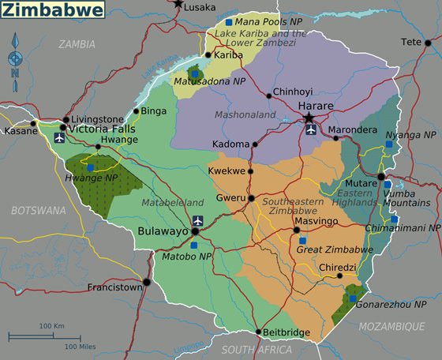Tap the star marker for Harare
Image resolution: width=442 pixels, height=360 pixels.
309,118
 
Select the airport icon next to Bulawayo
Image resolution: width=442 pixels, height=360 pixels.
197,219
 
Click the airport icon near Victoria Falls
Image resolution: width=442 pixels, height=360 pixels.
59,138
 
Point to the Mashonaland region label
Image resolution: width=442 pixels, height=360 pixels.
245,114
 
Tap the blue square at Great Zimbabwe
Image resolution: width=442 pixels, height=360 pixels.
302,240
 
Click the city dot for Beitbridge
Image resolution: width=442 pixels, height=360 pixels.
258,332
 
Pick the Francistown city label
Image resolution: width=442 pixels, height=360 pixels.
114,287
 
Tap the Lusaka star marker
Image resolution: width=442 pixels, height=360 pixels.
178,4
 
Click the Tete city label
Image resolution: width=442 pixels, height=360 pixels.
411,42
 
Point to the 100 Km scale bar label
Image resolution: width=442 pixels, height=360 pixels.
51,325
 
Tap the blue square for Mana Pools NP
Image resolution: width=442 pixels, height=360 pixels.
229,22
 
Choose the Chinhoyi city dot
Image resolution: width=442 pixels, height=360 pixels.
268,95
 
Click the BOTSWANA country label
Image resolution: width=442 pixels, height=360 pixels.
39,211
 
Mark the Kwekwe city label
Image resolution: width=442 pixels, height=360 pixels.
227,171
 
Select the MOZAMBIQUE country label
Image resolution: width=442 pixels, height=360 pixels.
391,326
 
